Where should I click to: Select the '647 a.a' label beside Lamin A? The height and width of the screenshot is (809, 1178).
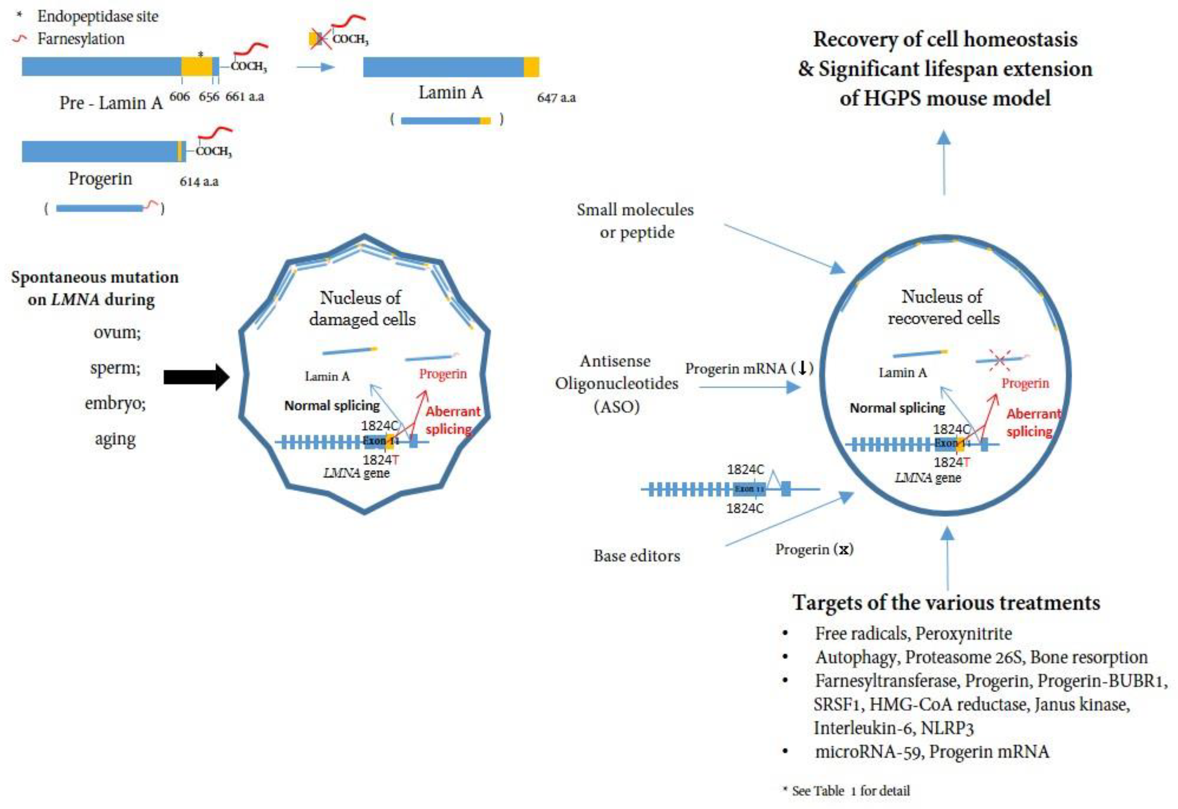click(x=556, y=97)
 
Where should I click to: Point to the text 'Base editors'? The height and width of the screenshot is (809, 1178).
click(x=637, y=556)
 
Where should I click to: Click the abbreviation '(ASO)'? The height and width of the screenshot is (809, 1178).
click(x=616, y=407)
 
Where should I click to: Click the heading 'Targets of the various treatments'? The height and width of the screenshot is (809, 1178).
click(x=946, y=603)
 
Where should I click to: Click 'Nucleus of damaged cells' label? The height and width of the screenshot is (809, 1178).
click(x=362, y=308)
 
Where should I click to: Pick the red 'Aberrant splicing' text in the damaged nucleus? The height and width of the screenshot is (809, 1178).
click(x=452, y=420)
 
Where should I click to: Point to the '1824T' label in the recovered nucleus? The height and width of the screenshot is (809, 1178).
click(x=952, y=462)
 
